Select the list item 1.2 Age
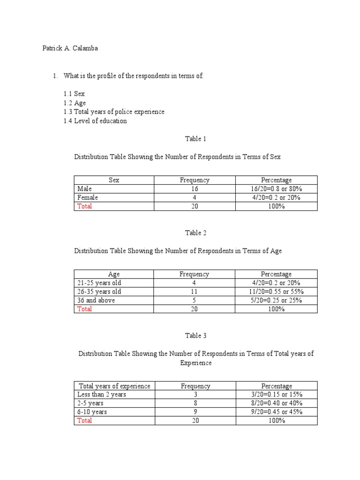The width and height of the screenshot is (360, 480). click(x=75, y=103)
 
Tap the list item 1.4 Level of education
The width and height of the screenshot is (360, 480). click(x=95, y=121)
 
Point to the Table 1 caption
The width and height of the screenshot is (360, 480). click(x=195, y=139)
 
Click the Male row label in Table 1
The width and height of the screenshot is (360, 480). click(x=85, y=189)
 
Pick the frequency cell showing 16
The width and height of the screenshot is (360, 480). click(x=195, y=189)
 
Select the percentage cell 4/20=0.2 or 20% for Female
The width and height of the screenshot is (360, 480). click(x=276, y=198)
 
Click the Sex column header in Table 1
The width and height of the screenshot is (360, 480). click(x=114, y=180)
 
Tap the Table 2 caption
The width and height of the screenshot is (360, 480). click(x=195, y=233)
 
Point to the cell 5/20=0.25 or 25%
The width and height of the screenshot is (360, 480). click(x=276, y=300)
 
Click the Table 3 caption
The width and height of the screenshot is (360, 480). click(x=195, y=336)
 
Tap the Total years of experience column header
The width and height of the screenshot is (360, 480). click(x=114, y=386)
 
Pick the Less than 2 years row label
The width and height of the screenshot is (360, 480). click(x=102, y=395)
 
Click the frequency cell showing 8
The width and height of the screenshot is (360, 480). click(x=195, y=403)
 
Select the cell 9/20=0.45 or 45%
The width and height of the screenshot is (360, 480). click(x=276, y=412)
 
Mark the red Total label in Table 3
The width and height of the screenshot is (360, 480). click(x=85, y=421)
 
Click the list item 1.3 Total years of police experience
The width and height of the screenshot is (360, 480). click(x=114, y=112)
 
